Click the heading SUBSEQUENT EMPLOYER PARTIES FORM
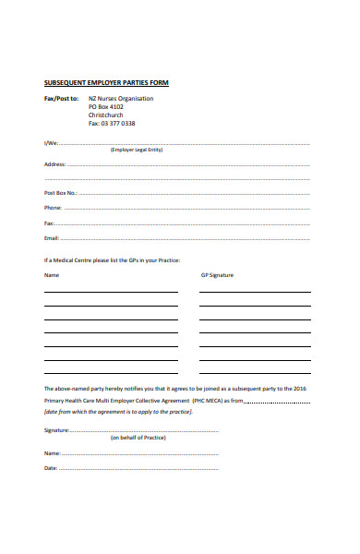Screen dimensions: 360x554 106,83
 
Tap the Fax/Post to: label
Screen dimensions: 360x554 61,98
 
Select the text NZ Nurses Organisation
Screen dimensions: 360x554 121,98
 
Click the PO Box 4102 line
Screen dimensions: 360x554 106,106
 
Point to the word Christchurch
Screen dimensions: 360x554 107,114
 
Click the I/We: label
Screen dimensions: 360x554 51,143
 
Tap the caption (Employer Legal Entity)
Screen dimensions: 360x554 136,150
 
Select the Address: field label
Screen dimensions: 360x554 55,163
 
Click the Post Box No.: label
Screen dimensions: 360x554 61,193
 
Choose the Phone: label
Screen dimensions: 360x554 54,208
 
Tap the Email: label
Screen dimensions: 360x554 53,238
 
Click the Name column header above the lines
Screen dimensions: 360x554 52,275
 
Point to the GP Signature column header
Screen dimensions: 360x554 217,275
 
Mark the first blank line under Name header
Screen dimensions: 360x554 111,292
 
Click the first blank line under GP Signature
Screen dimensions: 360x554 254,292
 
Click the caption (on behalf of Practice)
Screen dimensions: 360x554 138,438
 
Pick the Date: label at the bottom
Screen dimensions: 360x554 52,468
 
